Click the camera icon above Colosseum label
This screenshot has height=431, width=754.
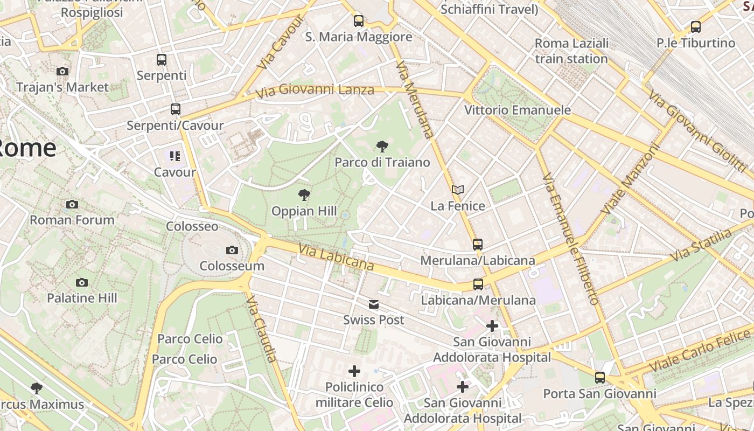coord(232,250)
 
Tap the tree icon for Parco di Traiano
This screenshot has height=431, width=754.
coord(382,146)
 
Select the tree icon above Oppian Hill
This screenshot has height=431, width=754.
coord(304,195)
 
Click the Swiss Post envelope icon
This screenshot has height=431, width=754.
coord(374,305)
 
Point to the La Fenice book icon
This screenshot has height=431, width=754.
coord(458,190)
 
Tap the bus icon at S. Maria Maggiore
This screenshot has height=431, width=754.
coord(359,21)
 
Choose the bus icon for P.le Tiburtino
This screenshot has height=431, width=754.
coord(696,27)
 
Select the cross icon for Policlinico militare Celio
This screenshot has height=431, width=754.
coord(354,371)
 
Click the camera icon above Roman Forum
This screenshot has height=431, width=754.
coord(72,204)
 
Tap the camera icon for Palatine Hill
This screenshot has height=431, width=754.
coord(82,282)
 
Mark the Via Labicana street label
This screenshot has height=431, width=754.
coord(336,258)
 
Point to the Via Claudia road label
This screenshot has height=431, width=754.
coord(262,328)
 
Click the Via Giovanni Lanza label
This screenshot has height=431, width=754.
coord(315,90)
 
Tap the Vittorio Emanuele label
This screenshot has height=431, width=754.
coord(518,110)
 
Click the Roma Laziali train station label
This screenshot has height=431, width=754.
coord(571,51)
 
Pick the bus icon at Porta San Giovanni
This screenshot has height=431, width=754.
coord(600,378)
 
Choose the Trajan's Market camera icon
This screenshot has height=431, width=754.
coord(62,71)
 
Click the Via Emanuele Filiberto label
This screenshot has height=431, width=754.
coord(570,239)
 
